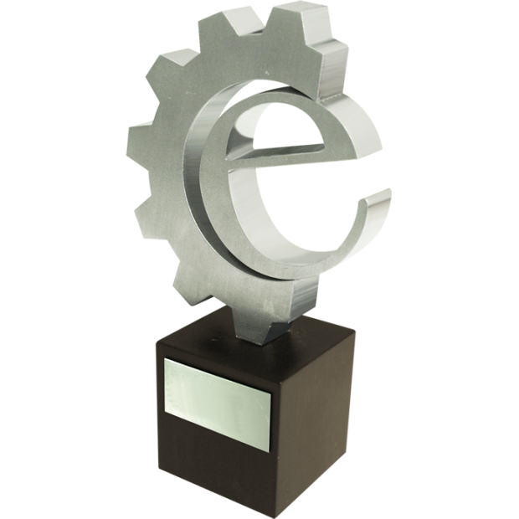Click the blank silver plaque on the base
[x=218, y=404]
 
